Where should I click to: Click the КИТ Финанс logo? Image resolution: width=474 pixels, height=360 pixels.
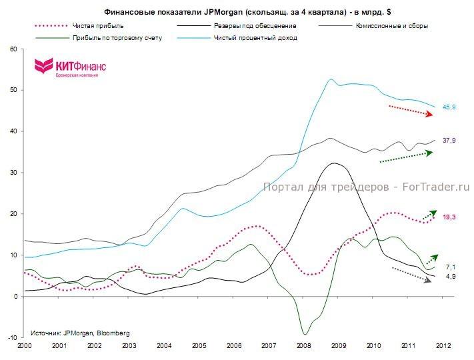click(x=70, y=67)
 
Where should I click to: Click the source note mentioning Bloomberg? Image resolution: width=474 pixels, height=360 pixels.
click(x=80, y=332)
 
